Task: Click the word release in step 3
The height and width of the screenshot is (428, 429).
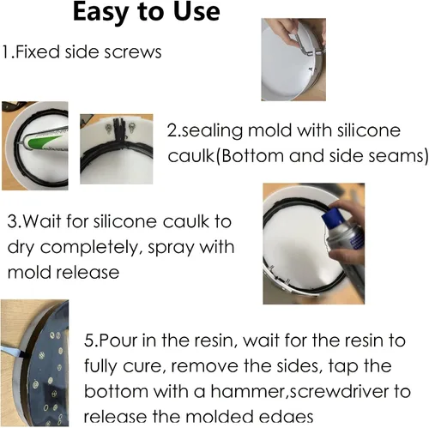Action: [88, 273]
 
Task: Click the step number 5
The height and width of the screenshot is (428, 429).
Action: [90, 341]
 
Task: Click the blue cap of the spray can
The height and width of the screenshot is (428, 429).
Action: [333, 217]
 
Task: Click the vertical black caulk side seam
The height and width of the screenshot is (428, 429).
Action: [118, 130]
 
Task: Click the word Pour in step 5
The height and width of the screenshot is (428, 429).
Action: [118, 341]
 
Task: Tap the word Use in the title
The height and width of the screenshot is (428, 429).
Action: [196, 12]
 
